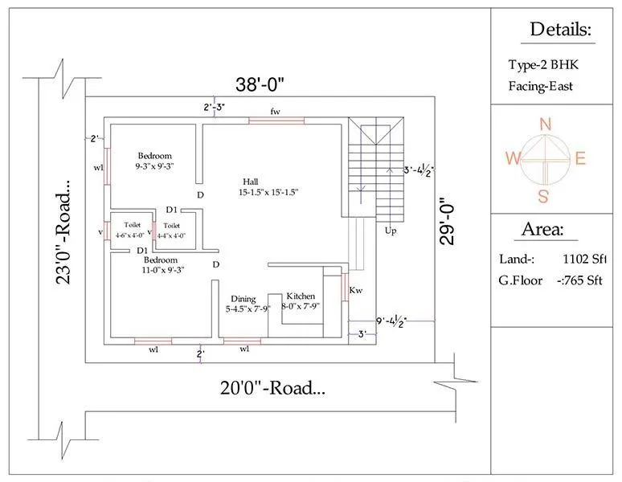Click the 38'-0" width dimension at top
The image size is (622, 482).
click(x=260, y=84)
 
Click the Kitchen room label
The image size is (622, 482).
click(x=301, y=296)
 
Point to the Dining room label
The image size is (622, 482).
click(x=243, y=298)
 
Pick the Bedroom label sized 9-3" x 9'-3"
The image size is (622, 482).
click(x=154, y=156)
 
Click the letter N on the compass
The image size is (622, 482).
click(x=545, y=124)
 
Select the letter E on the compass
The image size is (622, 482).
click(x=580, y=158)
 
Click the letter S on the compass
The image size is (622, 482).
click(x=544, y=196)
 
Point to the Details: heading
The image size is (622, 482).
click(x=560, y=31)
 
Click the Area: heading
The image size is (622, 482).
click(x=542, y=229)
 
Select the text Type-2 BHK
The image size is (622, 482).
click(x=542, y=65)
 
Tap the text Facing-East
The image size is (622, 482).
click(x=540, y=86)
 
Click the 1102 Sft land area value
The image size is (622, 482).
click(x=584, y=259)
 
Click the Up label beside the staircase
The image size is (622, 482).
click(x=391, y=231)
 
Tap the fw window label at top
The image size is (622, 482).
click(x=275, y=110)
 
